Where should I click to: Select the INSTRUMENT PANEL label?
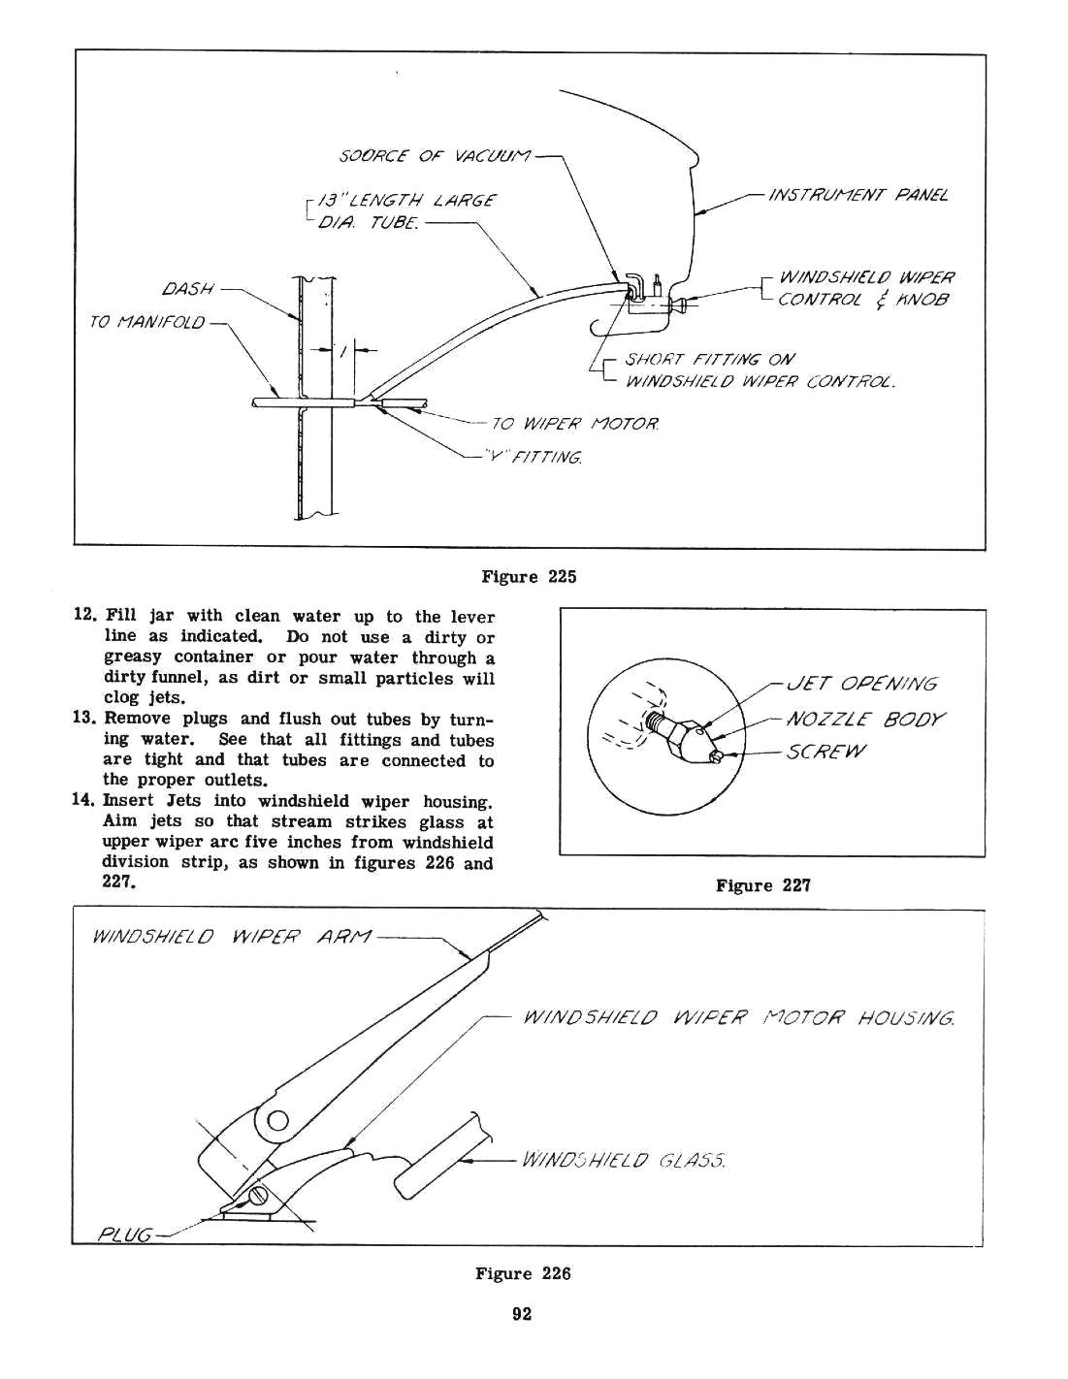pyautogui.click(x=857, y=195)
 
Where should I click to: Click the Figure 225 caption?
pyautogui.click(x=529, y=577)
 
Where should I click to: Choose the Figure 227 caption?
pyautogui.click(x=762, y=885)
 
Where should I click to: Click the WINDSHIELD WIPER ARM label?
pyautogui.click(x=229, y=938)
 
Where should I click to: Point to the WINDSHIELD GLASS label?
pyautogui.click(x=623, y=1160)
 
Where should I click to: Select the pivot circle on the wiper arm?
pyautogui.click(x=276, y=1124)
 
